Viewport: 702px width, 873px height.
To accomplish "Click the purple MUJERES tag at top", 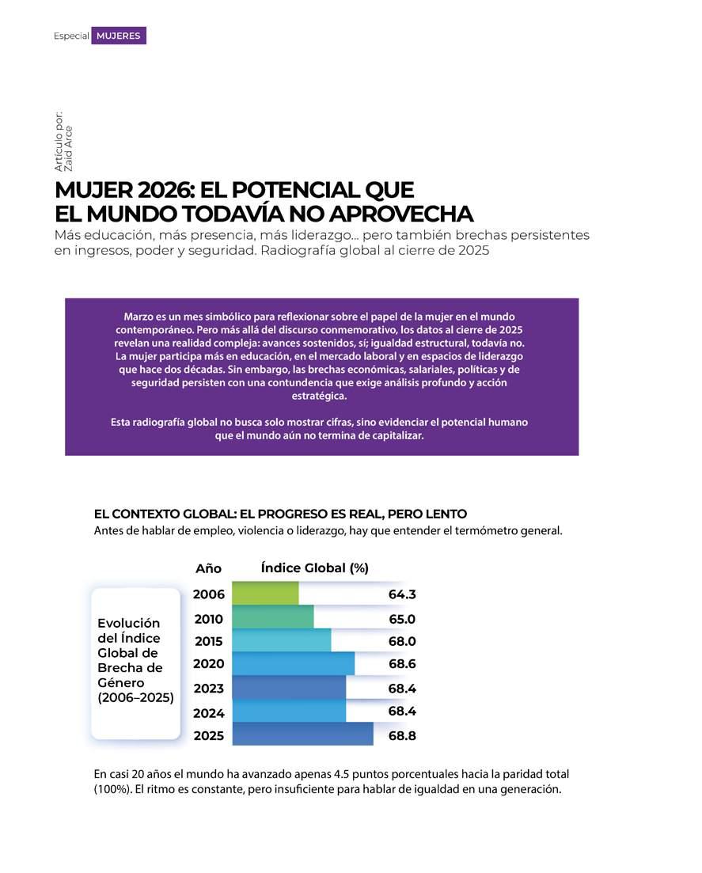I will (119, 36).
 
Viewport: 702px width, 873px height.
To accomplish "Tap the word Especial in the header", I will (71, 36).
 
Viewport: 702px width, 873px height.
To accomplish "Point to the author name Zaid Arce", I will (69, 149).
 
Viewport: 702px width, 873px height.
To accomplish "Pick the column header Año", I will (208, 568).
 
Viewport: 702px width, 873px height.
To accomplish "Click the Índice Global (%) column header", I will (314, 567).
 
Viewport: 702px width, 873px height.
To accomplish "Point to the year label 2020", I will (209, 664).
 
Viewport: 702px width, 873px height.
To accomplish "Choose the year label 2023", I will (209, 689).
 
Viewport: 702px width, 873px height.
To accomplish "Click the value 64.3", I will (402, 594).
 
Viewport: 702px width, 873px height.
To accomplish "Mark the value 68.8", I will (402, 735).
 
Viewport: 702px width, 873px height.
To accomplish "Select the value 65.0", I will (402, 619).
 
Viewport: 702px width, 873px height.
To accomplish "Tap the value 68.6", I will (402, 664).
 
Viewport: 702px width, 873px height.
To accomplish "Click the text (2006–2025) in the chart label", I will (135, 697).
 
